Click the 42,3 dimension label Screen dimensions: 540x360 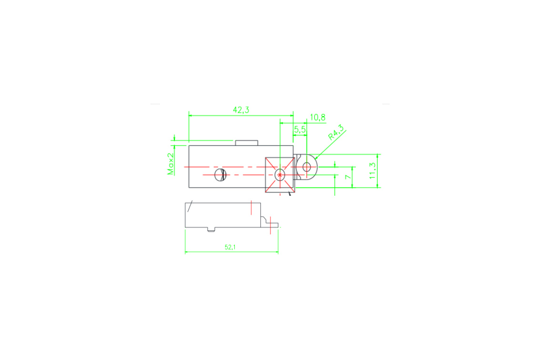[241, 110]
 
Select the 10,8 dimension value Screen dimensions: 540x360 [318, 118]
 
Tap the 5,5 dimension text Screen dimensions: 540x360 [300, 130]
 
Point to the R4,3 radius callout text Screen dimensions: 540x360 [336, 133]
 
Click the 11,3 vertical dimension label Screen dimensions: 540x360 [372, 171]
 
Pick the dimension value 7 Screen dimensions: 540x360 [348, 177]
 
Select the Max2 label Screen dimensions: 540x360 [171, 164]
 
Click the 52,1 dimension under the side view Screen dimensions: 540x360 [230, 247]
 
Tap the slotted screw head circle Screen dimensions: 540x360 [220, 175]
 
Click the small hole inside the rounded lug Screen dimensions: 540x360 [307, 167]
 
